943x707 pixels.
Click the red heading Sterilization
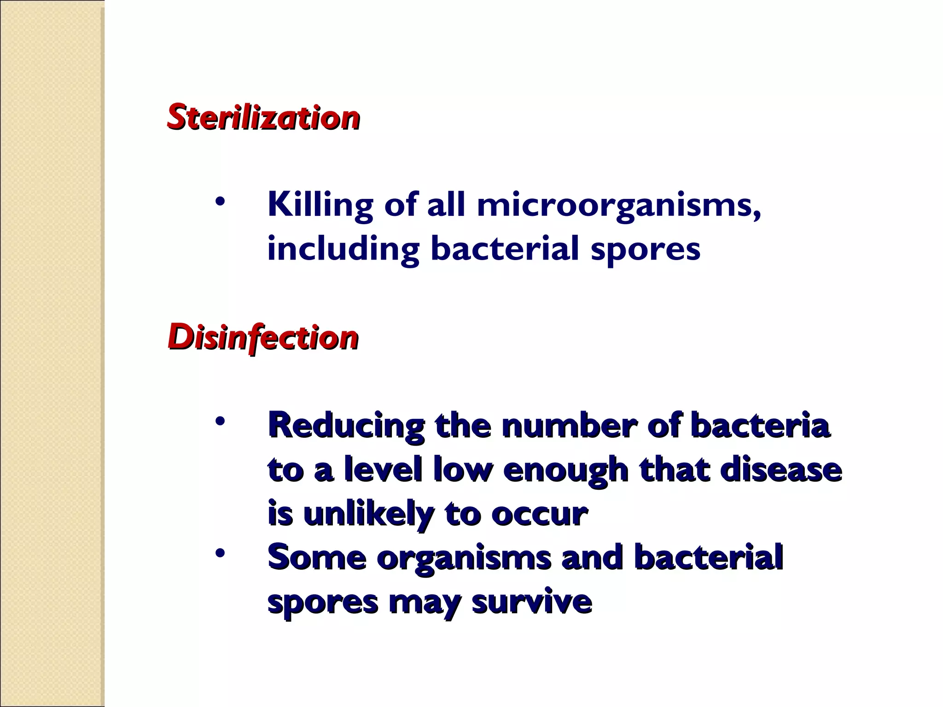263,117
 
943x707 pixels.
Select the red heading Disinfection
263,338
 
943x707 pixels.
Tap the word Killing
320,205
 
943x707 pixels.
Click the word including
343,249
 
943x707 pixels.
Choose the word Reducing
346,425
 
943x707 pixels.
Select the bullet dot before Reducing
221,421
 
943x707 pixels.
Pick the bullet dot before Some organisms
221,553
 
